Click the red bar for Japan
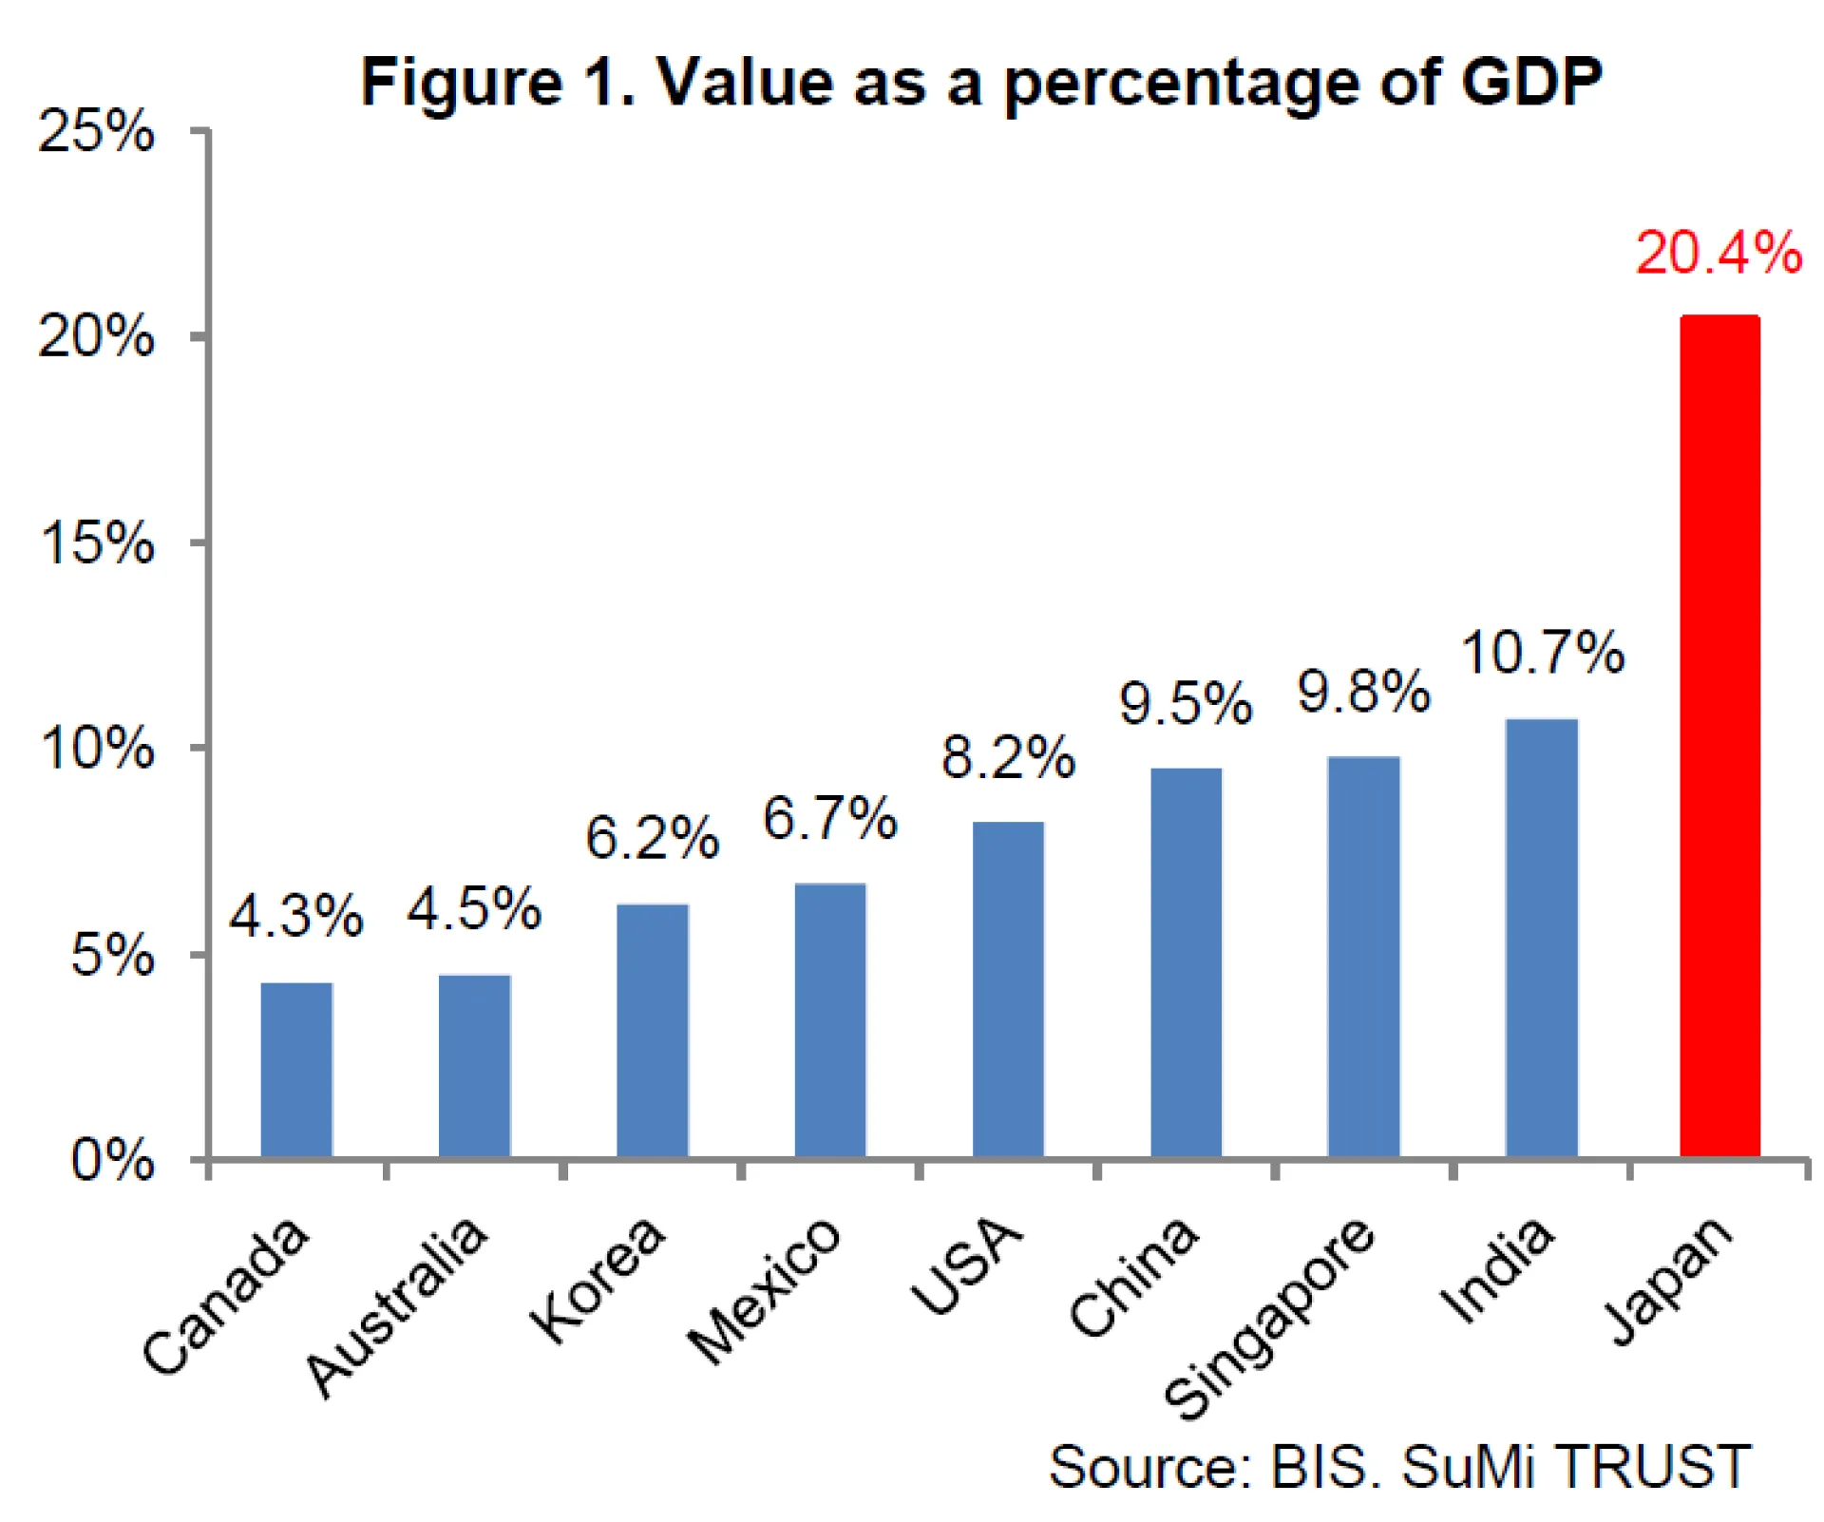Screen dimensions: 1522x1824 point(1719,736)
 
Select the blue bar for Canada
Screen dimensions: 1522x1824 point(296,1070)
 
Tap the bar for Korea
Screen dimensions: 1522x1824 point(653,1030)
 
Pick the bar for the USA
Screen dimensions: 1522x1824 point(1008,989)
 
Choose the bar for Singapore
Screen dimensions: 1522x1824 point(1363,957)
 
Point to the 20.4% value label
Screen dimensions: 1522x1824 point(1718,254)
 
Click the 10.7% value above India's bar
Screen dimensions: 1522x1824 point(1542,653)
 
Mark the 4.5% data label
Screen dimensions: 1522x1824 point(474,909)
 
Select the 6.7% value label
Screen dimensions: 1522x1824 point(829,818)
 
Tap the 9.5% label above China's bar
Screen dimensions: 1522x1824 point(1185,704)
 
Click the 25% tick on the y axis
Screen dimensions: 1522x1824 point(96,131)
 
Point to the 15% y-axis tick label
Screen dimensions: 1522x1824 point(96,543)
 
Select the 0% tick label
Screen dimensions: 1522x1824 point(112,1160)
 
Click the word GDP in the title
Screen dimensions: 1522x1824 point(1531,82)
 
